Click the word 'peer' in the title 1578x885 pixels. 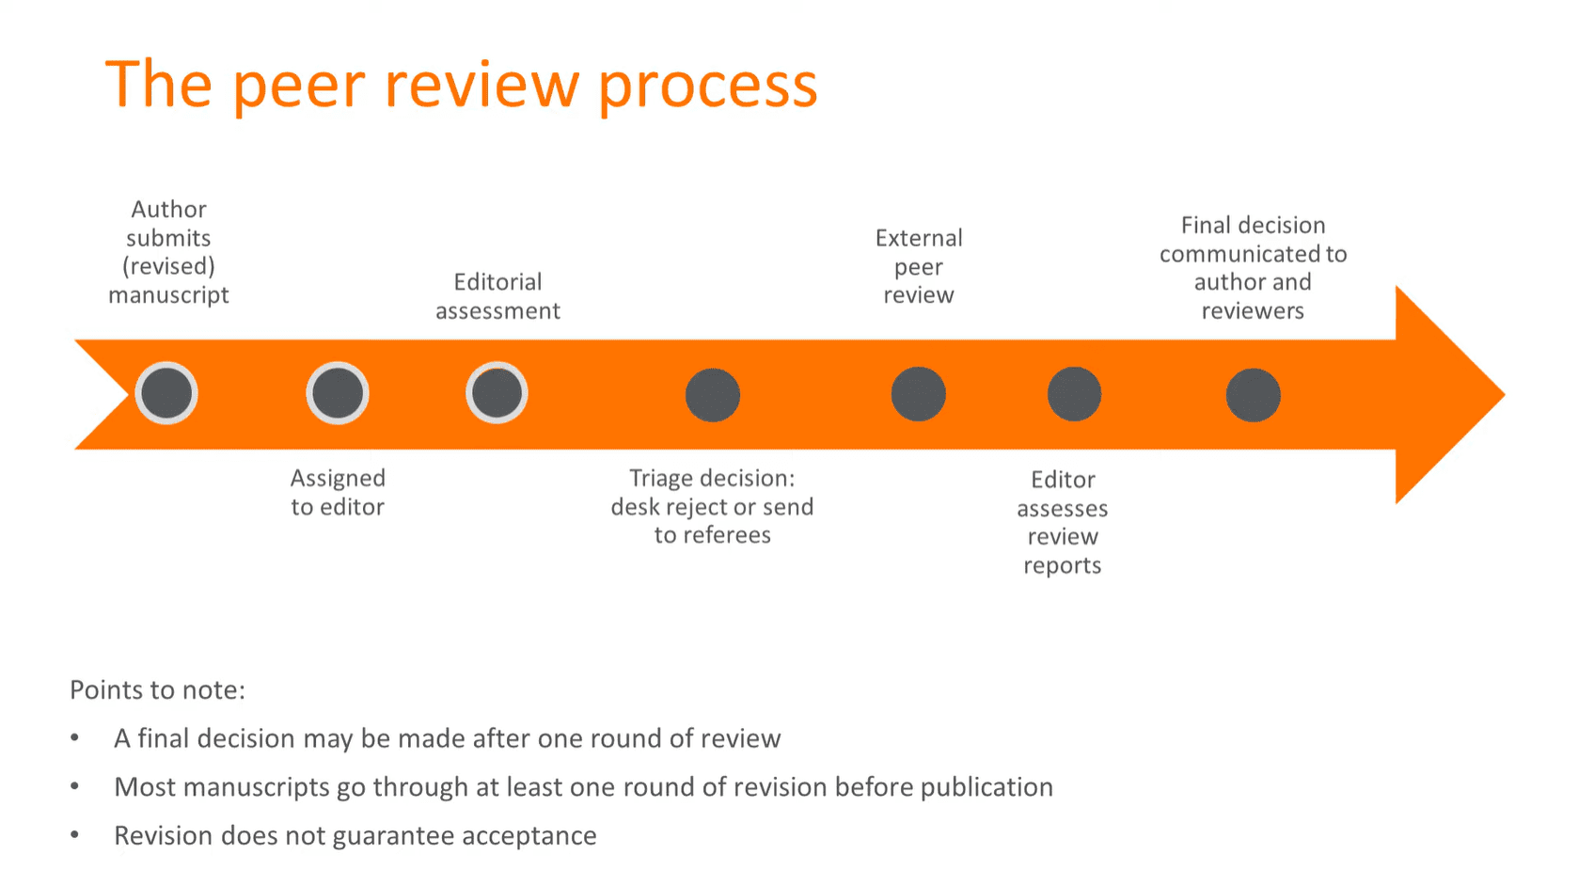click(298, 87)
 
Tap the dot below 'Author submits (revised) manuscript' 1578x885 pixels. click(166, 393)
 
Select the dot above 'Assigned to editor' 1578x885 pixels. click(338, 393)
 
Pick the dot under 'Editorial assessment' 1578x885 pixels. click(497, 393)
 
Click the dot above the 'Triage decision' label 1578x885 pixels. click(713, 395)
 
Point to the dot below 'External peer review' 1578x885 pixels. click(918, 394)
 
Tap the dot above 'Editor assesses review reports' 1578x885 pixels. click(1074, 394)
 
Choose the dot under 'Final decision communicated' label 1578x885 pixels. click(1253, 395)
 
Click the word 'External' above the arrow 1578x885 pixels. click(919, 238)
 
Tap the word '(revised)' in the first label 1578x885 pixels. click(168, 266)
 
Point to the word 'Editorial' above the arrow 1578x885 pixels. click(497, 282)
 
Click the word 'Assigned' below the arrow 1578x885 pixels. click(338, 479)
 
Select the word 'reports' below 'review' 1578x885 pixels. click(1062, 566)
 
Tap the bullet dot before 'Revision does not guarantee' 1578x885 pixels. click(74, 835)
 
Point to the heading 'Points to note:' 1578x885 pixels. click(157, 690)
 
